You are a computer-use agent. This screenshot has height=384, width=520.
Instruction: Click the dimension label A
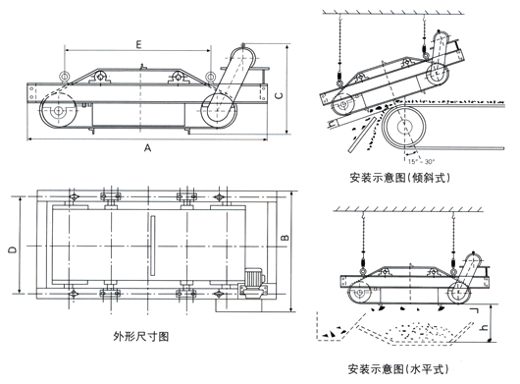(x=147, y=148)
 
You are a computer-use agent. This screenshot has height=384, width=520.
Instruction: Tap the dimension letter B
(x=286, y=238)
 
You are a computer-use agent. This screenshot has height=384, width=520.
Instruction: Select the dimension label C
(x=280, y=95)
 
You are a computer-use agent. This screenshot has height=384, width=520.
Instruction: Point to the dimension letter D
(x=12, y=252)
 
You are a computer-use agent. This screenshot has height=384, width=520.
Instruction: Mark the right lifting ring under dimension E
(x=177, y=75)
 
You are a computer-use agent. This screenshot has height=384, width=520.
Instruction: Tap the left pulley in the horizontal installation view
(x=360, y=292)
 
